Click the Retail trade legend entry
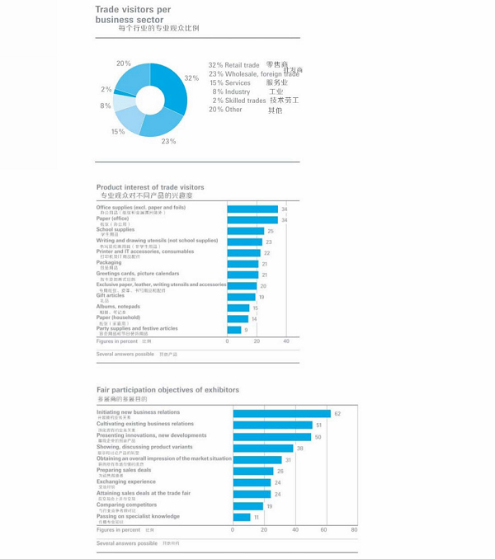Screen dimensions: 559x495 [x=234, y=65]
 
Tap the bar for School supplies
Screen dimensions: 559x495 [x=246, y=231]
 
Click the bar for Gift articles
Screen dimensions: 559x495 [x=241, y=297]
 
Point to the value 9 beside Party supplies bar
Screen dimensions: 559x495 [x=246, y=330]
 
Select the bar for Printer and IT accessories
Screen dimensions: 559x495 [x=243, y=253]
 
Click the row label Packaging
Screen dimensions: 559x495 [x=109, y=263]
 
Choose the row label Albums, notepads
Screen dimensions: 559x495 [x=118, y=307]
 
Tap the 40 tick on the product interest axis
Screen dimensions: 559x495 [x=286, y=341]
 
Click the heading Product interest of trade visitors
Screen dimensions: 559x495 [x=150, y=187]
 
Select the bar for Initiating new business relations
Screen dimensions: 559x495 [x=281, y=414]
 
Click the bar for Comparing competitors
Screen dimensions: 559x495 [x=247, y=506]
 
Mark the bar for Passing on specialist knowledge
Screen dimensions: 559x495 [x=241, y=518]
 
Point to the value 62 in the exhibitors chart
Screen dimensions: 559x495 [x=337, y=414]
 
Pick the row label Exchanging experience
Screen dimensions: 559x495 [x=126, y=481]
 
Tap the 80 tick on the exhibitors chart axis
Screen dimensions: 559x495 [x=354, y=530]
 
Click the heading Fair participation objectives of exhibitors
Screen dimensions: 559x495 [x=167, y=390]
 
